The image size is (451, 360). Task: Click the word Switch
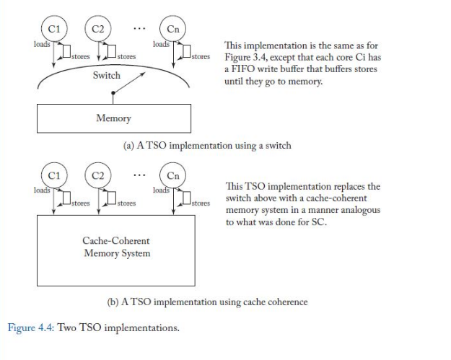(106, 75)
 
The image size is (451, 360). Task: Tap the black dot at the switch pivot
(113, 93)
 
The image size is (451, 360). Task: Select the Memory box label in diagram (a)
(113, 118)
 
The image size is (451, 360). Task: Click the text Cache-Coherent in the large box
(116, 241)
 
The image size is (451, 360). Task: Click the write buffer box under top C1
(66, 51)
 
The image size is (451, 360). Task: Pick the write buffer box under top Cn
(186, 51)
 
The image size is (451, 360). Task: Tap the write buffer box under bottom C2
(112, 198)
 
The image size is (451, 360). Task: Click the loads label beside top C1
(42, 44)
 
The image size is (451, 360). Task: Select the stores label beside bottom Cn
(201, 203)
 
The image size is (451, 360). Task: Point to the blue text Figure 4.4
(31, 328)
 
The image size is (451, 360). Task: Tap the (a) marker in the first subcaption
(128, 146)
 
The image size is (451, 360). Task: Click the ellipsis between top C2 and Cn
(139, 28)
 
